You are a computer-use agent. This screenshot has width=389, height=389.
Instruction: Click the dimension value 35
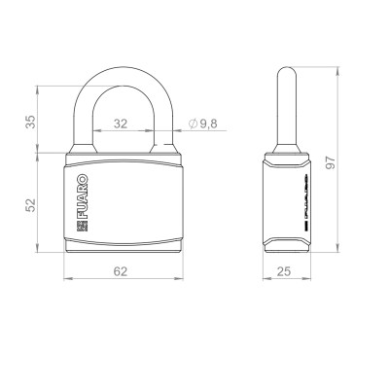[30, 122]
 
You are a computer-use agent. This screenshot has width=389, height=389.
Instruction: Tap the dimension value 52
[30, 205]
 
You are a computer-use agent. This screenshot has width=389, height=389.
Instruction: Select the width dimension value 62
[121, 271]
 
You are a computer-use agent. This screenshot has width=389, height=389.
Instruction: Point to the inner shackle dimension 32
[121, 124]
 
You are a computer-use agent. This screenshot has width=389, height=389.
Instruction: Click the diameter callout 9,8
[208, 124]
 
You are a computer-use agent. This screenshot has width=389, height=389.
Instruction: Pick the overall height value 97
[331, 162]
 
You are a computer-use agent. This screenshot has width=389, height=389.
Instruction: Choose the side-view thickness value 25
[284, 271]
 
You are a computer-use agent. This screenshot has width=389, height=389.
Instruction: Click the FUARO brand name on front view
[83, 196]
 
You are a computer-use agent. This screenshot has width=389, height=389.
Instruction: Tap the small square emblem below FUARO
[82, 226]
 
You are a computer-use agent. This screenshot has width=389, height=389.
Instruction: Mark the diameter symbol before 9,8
[193, 124]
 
